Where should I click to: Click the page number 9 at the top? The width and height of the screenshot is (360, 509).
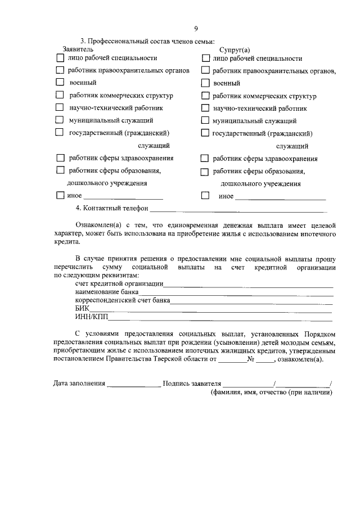point(196,29)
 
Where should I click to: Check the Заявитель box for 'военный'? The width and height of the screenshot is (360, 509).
point(60,83)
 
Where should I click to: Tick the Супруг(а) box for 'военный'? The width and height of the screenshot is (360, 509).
point(205,83)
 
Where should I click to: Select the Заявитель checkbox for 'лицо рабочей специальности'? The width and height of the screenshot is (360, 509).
point(60,57)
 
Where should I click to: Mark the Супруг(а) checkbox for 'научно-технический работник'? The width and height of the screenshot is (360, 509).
point(205,108)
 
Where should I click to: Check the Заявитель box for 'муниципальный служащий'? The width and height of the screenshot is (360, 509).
point(60,120)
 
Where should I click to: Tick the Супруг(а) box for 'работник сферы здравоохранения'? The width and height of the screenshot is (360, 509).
point(205,159)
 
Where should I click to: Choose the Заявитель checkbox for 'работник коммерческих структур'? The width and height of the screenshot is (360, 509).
point(60,95)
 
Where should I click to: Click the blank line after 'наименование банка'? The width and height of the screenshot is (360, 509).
point(236,293)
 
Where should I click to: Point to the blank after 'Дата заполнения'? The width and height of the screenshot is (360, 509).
point(133,385)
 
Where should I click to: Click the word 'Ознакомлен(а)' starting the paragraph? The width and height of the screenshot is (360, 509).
point(98,224)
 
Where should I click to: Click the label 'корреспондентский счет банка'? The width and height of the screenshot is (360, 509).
point(123,301)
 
